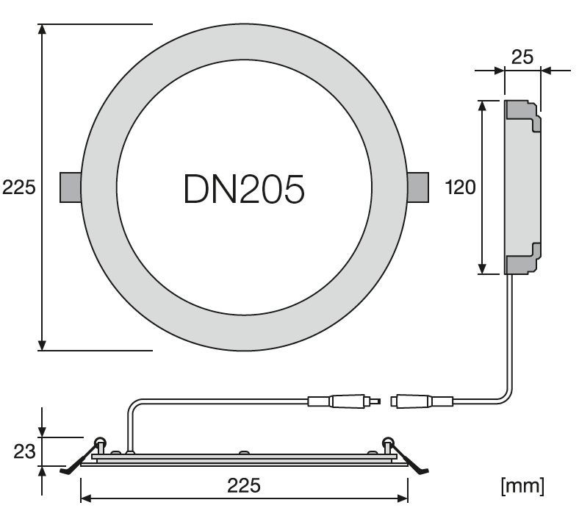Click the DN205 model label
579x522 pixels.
244,189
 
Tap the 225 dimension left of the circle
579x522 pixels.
19,187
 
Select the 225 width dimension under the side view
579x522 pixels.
244,485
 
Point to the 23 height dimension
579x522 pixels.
24,451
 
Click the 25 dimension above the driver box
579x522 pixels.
522,57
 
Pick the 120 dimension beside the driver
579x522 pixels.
461,187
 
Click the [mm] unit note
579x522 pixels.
522,486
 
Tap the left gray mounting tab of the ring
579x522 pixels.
71,187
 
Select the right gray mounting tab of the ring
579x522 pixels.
418,187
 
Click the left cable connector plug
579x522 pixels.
344,401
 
